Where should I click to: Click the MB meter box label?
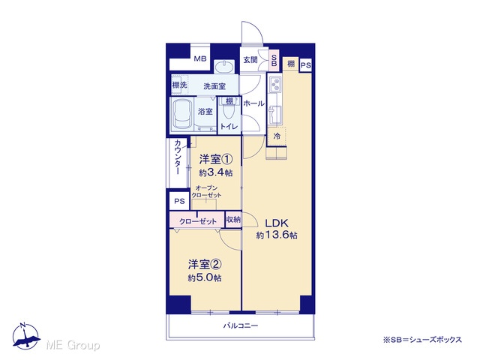[x=200, y=58]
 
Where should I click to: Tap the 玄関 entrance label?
[x=250, y=60]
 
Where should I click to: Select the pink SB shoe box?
[x=274, y=60]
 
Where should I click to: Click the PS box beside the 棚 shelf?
[x=305, y=65]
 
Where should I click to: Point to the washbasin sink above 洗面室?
[x=224, y=67]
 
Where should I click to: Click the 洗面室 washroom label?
[x=214, y=86]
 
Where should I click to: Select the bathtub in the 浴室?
[x=183, y=114]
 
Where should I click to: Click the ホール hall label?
[x=253, y=103]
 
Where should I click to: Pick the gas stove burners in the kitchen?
[x=276, y=84]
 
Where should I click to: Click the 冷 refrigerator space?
[x=277, y=136]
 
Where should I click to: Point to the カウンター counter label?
[x=178, y=157]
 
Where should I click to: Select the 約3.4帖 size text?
[x=215, y=172]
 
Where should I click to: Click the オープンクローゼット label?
[x=206, y=192]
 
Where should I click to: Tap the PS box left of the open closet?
[x=179, y=201]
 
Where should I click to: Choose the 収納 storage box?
[x=233, y=220]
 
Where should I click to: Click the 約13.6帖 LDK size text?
[x=277, y=235]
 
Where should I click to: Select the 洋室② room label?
[x=205, y=264]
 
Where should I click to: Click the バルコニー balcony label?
[x=240, y=325]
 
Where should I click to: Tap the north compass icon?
[x=26, y=336]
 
